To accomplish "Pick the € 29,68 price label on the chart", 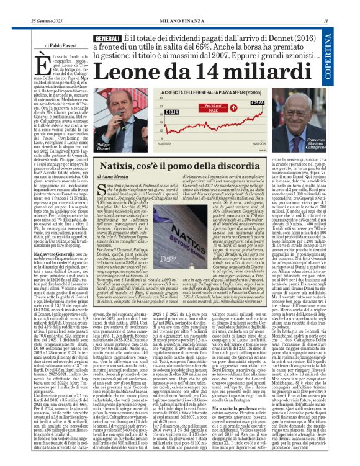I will point(256,102).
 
